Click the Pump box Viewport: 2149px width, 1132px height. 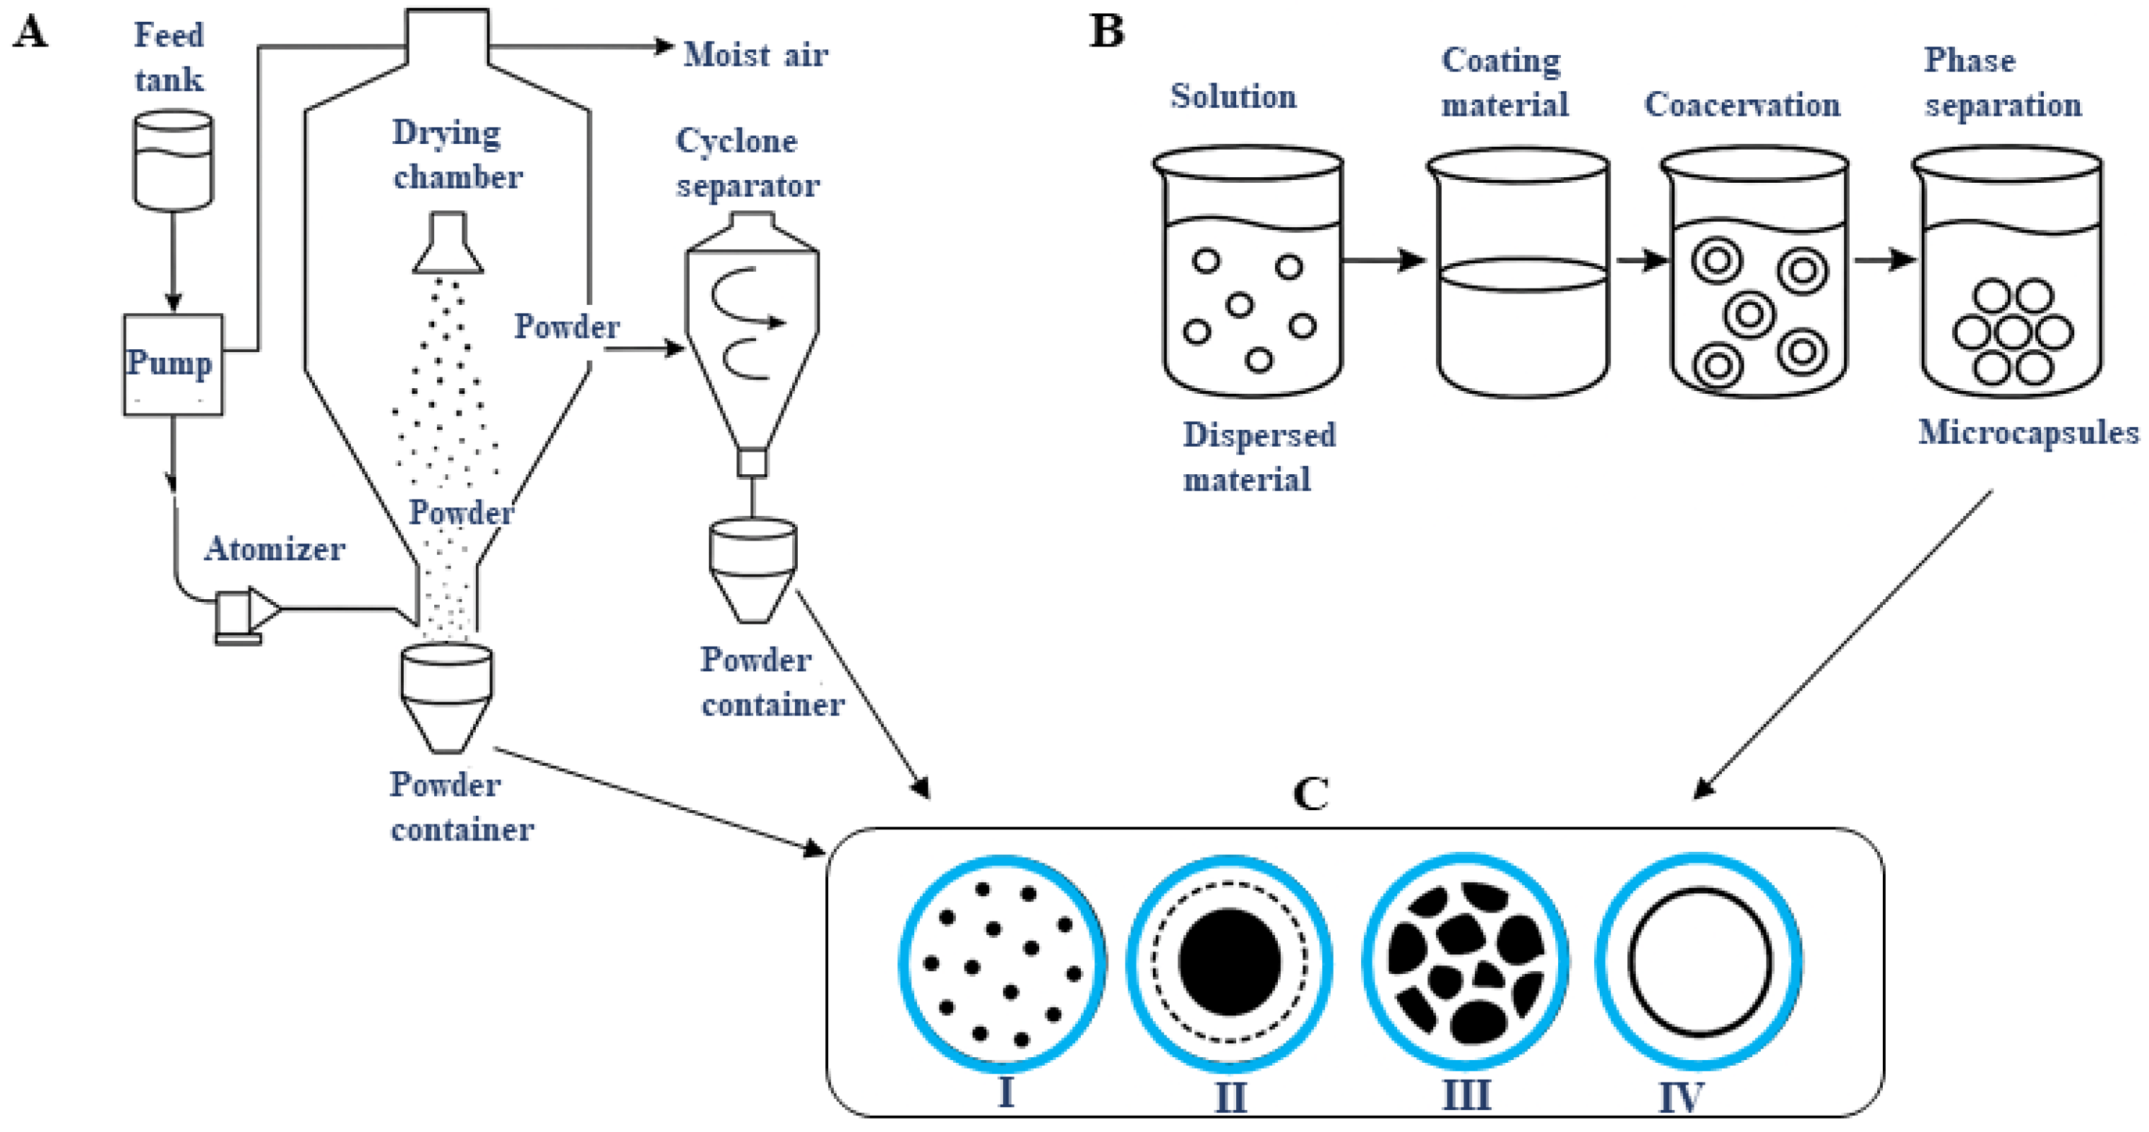[173, 365]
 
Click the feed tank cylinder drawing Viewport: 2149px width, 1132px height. [173, 160]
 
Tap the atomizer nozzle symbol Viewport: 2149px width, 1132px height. [246, 614]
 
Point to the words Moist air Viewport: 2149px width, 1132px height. [755, 55]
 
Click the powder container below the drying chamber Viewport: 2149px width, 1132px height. [446, 697]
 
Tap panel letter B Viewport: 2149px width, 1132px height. [1107, 32]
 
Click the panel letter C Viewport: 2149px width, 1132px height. [1310, 793]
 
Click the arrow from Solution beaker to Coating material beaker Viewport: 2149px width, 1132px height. [1385, 260]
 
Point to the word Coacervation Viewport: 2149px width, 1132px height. [1742, 105]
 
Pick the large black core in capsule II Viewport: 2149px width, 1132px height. [1229, 962]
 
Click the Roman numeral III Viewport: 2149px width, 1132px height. [1466, 1095]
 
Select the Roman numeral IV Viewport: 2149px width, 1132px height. [1681, 1096]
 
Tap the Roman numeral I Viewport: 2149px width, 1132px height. [1006, 1092]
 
